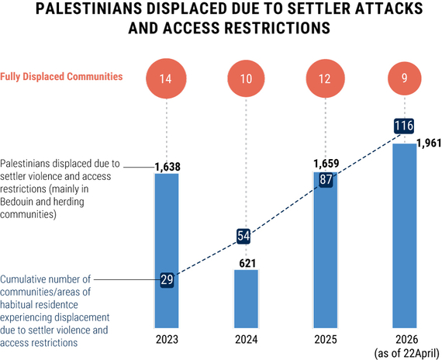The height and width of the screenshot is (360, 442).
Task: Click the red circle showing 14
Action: pos(166,78)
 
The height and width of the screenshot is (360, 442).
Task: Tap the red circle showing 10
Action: pos(246,78)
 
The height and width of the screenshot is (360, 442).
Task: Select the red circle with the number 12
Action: pos(326,78)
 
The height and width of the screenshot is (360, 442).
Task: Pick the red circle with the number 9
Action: pos(405,78)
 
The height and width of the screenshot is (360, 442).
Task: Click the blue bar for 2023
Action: pos(167,251)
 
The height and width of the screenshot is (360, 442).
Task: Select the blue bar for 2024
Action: pos(246,299)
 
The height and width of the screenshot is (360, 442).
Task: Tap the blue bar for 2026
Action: pos(405,236)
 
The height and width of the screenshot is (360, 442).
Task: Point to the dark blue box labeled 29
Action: pos(167,280)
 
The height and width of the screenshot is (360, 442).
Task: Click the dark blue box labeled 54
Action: pos(243,236)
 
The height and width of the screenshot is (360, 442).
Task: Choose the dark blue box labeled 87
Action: pos(326,180)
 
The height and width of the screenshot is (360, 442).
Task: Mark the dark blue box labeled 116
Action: pos(404,126)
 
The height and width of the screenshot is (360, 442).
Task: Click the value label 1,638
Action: pos(167,167)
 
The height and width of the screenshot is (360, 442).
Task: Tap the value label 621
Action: pos(247,264)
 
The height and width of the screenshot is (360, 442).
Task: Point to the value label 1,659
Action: pos(326,164)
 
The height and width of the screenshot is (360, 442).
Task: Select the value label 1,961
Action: pos(429,143)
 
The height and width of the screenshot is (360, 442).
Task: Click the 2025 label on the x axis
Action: pos(326,339)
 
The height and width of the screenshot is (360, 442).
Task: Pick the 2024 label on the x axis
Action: pos(247,339)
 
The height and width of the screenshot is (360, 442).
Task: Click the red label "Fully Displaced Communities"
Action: pos(61,77)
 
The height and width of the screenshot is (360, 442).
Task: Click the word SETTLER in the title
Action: pos(319,9)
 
